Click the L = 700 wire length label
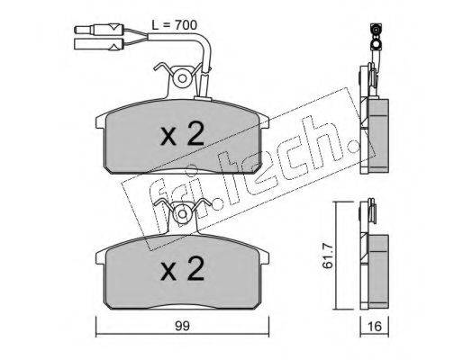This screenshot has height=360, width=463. point(175,25)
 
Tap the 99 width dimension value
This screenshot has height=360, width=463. point(183,326)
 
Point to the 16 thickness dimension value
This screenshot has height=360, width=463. point(375,326)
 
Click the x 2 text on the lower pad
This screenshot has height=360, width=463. point(183,268)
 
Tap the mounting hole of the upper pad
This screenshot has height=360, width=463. point(182,78)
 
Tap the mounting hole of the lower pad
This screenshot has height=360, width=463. point(182,213)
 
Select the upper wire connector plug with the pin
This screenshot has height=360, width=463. point(99,30)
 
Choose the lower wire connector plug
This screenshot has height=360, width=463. point(99,44)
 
